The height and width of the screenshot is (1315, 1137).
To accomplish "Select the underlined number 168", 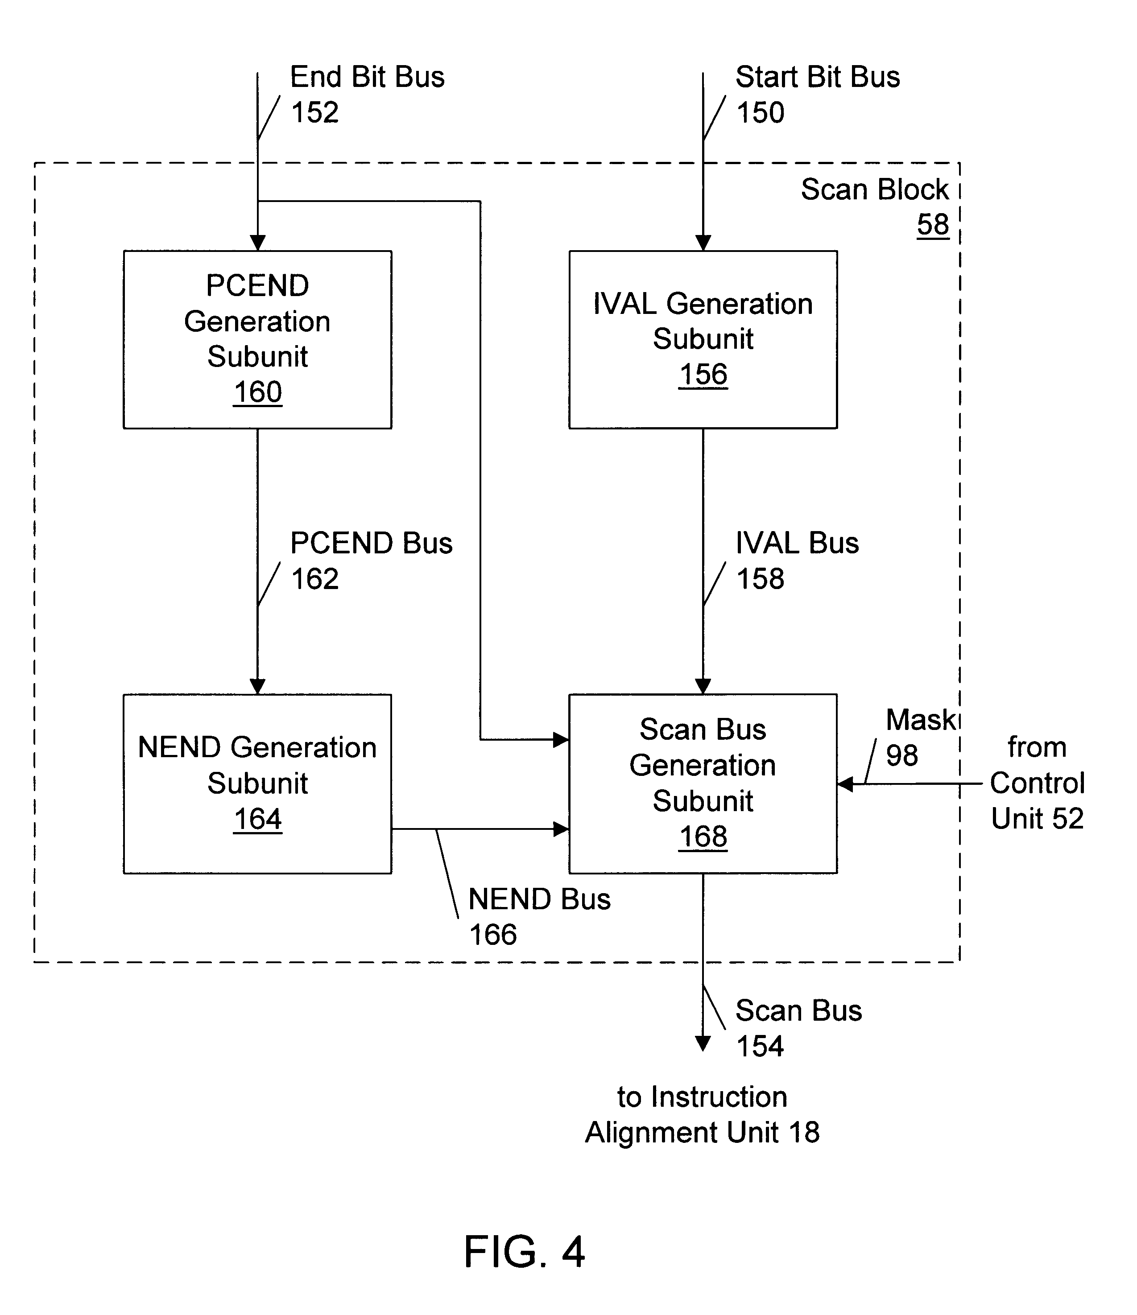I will [x=703, y=837].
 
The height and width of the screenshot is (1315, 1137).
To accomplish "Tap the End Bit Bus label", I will [x=367, y=77].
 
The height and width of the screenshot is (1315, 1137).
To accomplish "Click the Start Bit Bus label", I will [x=817, y=77].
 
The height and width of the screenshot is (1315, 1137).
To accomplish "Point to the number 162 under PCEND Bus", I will [x=315, y=579].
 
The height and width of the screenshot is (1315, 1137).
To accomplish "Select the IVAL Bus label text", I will [x=797, y=543].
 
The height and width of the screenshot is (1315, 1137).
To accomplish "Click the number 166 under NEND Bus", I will [x=492, y=935].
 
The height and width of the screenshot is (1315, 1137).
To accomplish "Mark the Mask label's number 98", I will [x=901, y=755].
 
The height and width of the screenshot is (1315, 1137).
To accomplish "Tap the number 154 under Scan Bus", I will [x=760, y=1047].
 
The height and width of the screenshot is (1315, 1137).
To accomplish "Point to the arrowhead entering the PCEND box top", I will [x=257, y=243].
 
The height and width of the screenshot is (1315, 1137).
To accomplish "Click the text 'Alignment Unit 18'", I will [x=702, y=1132].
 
